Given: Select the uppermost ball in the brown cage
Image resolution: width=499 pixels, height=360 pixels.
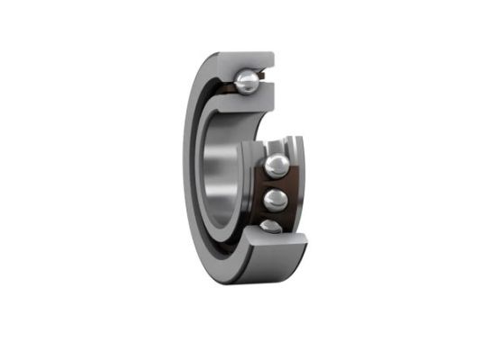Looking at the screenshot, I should click(x=277, y=166).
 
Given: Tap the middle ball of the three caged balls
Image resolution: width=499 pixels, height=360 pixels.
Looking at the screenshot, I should click(x=277, y=198).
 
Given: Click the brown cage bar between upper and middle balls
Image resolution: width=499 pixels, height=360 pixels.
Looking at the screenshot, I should click(x=277, y=182).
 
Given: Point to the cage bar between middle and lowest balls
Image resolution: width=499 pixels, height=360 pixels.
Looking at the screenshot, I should click(x=277, y=215).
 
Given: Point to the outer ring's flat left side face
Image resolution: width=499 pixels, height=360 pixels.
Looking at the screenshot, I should click(x=193, y=171).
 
